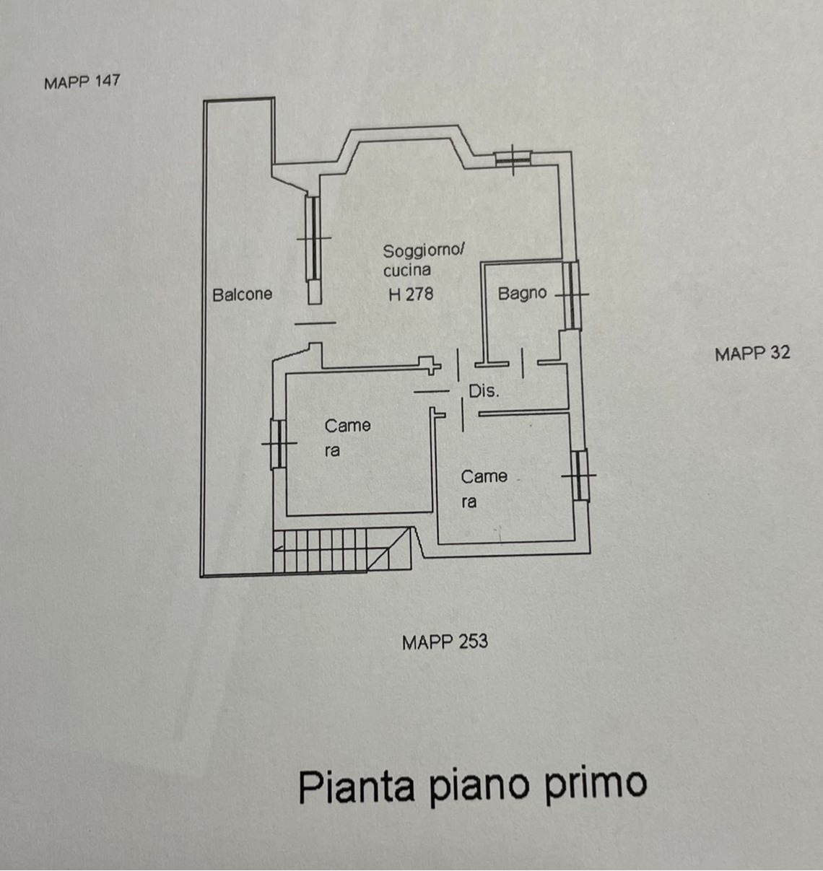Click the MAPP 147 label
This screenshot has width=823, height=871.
(x=82, y=82)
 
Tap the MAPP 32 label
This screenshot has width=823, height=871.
(x=752, y=354)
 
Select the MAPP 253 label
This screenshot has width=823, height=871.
(x=445, y=642)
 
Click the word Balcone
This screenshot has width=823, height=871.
(x=242, y=294)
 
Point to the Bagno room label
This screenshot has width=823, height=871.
(x=522, y=294)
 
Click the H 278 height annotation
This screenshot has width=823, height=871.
(x=411, y=294)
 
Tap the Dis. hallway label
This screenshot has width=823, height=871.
(x=484, y=391)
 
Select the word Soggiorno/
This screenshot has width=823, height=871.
(x=424, y=251)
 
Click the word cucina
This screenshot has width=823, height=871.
(x=407, y=271)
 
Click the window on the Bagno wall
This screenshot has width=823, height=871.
(x=572, y=294)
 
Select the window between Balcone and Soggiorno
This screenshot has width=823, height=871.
(x=313, y=238)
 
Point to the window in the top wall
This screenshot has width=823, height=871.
(x=513, y=158)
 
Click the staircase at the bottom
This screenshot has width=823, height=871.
(x=342, y=550)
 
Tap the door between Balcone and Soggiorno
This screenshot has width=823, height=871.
(x=315, y=323)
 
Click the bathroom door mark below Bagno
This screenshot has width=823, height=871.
(x=523, y=363)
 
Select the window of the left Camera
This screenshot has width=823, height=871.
(x=279, y=445)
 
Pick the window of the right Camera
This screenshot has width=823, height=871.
(x=580, y=475)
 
